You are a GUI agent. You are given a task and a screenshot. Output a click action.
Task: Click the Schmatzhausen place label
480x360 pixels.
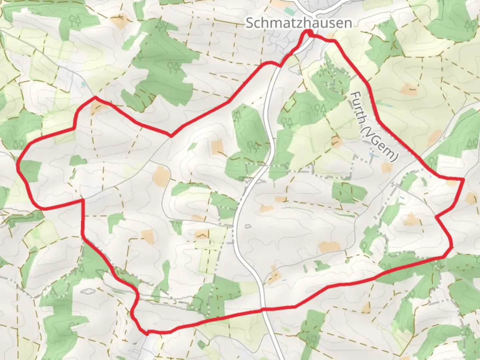(x=299, y=23)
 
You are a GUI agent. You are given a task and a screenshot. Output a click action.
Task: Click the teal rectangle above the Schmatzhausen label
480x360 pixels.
(x=290, y=12)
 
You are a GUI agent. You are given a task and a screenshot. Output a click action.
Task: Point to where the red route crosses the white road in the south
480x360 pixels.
(x=262, y=310)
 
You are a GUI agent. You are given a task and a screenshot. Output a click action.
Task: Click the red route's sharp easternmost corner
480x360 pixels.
(x=463, y=179)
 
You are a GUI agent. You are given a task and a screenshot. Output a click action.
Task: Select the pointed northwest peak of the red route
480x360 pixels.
(x=95, y=97)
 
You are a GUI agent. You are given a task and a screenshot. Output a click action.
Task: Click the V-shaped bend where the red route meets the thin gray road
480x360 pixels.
(x=171, y=136)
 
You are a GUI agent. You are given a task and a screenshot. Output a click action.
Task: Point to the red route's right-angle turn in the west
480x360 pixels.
(x=82, y=200)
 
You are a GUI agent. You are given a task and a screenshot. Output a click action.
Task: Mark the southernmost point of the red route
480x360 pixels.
(x=147, y=333)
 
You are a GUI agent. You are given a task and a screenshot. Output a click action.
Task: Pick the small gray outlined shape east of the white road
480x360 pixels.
(x=247, y=226)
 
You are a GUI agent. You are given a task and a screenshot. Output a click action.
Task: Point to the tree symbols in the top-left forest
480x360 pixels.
(x=75, y=21)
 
